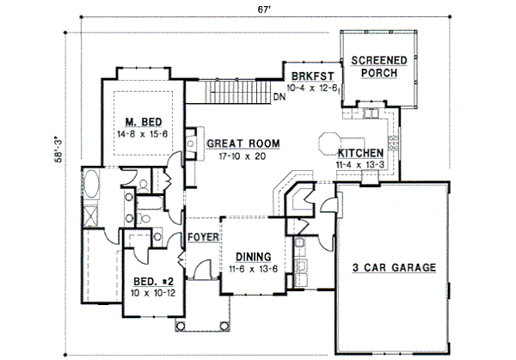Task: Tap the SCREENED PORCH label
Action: (x=374, y=66)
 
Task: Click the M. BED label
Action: (x=138, y=123)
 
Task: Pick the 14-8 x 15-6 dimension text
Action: (x=138, y=134)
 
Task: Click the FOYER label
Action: (x=204, y=237)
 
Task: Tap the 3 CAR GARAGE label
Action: (x=393, y=267)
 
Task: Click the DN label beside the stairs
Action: (x=279, y=96)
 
